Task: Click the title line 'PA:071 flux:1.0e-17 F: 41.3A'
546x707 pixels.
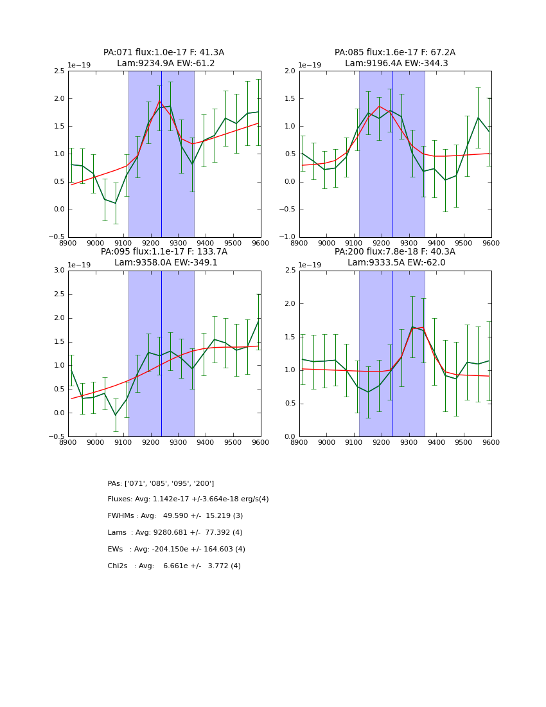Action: point(164,53)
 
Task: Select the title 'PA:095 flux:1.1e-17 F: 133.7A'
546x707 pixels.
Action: point(164,252)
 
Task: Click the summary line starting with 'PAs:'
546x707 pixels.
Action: point(161,483)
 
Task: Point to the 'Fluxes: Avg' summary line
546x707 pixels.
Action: point(188,499)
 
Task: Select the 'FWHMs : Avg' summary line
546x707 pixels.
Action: point(175,516)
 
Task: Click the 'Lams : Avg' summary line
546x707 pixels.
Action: point(175,533)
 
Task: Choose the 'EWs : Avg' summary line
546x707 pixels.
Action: point(177,550)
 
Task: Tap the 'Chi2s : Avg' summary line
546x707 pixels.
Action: point(174,566)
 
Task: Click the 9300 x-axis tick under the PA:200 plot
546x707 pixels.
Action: point(409,442)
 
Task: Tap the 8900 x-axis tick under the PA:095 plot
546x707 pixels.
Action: point(68,442)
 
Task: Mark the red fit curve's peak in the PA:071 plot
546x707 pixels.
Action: point(159,100)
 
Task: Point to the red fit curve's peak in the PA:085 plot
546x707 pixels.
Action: point(379,106)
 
